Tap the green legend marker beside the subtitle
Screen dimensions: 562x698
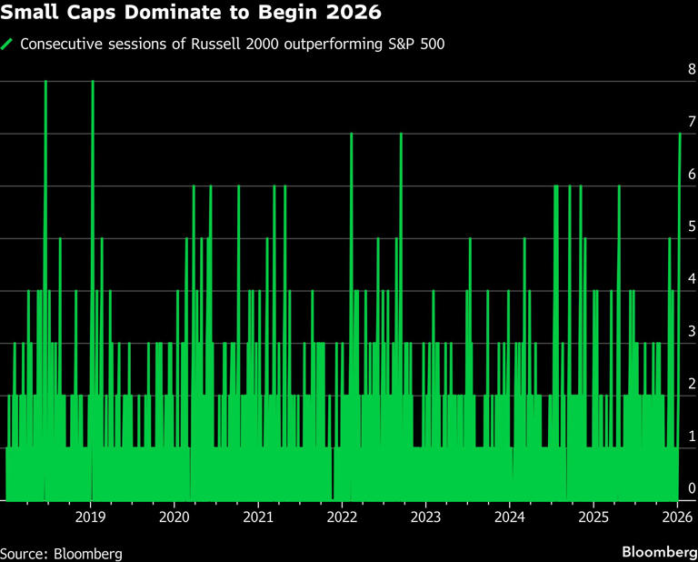[8, 44]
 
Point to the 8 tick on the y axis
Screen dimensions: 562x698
[692, 69]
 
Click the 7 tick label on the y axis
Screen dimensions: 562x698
[692, 122]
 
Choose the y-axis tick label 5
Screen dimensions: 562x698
[692, 226]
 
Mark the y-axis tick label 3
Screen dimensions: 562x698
[692, 332]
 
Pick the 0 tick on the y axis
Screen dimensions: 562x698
[692, 489]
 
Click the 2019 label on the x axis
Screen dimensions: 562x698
[90, 517]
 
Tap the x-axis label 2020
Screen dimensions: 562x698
[174, 517]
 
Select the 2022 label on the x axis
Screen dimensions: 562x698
[342, 517]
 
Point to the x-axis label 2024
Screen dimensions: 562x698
[510, 517]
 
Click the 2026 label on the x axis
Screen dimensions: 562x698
[678, 517]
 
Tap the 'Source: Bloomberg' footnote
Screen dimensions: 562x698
[61, 552]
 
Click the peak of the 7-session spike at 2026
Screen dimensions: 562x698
[680, 135]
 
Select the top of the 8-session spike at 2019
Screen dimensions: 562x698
[93, 82]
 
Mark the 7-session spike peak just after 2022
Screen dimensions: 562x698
[351, 135]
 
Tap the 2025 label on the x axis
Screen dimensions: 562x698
[593, 517]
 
